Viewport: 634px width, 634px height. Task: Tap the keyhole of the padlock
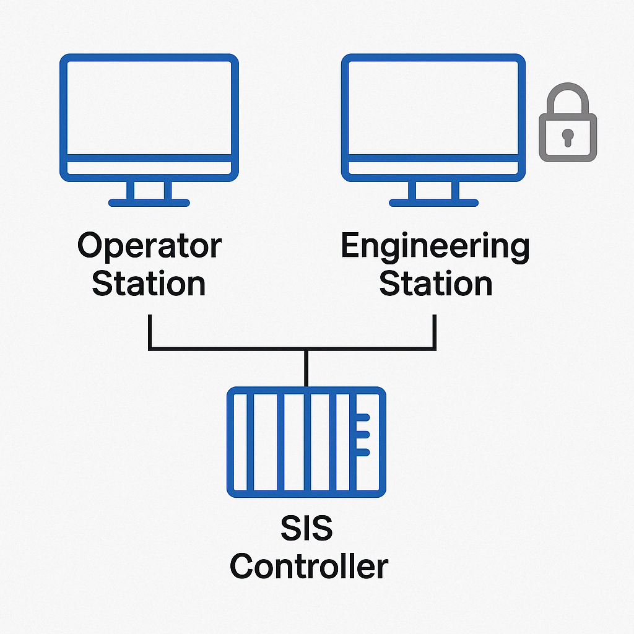(567, 136)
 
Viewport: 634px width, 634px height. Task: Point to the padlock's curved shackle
(567, 99)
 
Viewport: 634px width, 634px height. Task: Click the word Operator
(149, 246)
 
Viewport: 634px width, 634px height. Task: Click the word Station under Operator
(149, 283)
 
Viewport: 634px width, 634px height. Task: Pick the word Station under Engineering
(435, 283)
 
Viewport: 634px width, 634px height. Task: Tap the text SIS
(306, 530)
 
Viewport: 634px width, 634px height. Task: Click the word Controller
(309, 567)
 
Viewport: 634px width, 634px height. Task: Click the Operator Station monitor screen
(149, 108)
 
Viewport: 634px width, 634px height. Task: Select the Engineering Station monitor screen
(433, 108)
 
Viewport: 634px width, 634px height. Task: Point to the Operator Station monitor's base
(149, 202)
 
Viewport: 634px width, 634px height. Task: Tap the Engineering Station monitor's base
(433, 202)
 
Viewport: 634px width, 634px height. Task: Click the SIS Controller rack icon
(306, 442)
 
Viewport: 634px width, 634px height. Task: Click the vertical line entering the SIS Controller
(306, 369)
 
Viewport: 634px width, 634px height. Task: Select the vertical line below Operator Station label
(149, 331)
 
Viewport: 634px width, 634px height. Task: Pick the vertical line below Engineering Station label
(434, 331)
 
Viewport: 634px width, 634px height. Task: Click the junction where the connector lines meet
(306, 350)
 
